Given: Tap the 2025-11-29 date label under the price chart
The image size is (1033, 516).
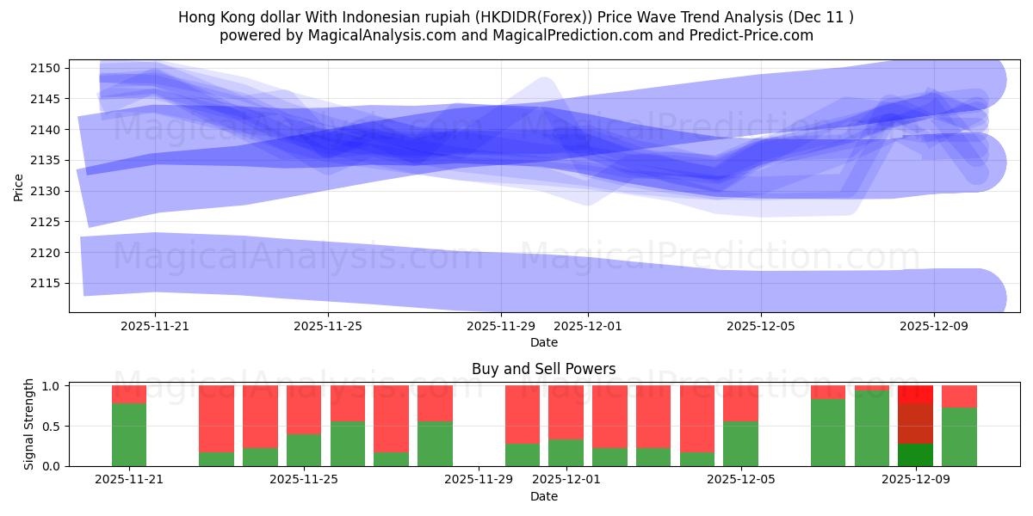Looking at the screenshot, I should (501, 327).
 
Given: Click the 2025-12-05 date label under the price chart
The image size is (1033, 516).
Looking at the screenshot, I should (761, 327).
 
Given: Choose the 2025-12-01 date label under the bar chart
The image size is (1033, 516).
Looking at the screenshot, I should (566, 480).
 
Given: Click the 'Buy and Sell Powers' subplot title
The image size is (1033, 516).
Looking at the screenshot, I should (543, 369).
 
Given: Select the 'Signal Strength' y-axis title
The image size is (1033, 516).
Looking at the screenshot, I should (29, 423).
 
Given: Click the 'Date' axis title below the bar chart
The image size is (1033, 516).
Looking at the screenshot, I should (543, 496).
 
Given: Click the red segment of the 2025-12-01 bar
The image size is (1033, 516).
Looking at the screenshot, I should (566, 413).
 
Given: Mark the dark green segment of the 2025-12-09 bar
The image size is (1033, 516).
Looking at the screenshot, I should (915, 455).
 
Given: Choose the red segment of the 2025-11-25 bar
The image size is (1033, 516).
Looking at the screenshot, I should (304, 409).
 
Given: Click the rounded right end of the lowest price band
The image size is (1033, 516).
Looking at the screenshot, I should (990, 298).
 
